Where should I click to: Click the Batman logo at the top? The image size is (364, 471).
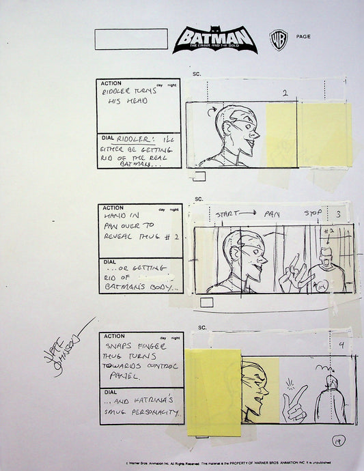click(x=211, y=40)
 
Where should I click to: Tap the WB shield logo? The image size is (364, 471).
click(x=279, y=39)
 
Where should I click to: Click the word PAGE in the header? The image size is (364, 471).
click(x=304, y=36)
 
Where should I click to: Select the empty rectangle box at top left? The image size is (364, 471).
click(x=131, y=39)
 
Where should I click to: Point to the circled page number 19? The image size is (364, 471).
click(x=337, y=442)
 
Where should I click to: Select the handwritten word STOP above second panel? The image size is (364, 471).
click(x=312, y=213)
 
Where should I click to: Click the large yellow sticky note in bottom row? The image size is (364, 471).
click(x=214, y=392)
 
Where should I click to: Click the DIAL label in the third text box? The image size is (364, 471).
click(x=108, y=392)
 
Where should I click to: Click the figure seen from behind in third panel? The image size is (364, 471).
click(x=330, y=400)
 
